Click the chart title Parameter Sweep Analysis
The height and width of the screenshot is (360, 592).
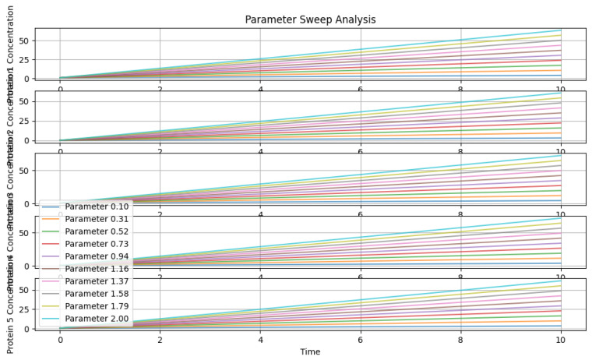pos(310,19)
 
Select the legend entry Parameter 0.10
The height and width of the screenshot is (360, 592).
pos(97,206)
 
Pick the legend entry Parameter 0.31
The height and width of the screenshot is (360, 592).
pos(97,219)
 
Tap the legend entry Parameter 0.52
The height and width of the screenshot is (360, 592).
pos(97,231)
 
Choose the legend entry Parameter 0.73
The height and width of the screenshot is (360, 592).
pos(97,244)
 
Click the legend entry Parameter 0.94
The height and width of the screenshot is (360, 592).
pos(97,256)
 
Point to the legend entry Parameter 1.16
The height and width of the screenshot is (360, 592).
pos(97,269)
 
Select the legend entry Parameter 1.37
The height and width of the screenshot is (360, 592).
pos(97,281)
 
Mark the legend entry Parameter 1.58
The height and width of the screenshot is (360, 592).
pos(97,294)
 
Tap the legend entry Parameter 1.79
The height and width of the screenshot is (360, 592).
pos(97,306)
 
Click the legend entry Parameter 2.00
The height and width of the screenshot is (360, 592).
pos(97,319)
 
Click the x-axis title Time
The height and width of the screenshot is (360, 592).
pos(310,352)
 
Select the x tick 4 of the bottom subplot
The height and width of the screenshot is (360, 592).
pos(260,340)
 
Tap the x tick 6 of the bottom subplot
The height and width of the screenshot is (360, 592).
pos(361,340)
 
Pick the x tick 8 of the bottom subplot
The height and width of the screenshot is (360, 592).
pos(460,340)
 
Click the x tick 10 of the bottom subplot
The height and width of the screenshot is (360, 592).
pos(561,340)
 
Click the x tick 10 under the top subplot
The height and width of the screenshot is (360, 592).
pos(561,89)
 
